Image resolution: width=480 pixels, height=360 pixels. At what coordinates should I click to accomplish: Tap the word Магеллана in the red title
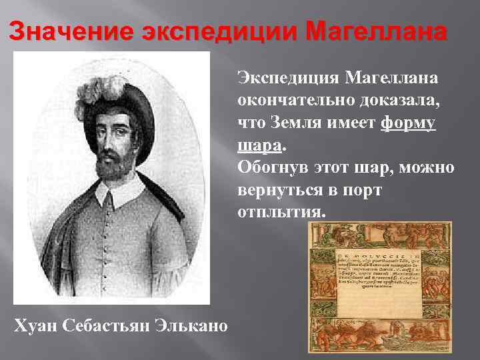(374, 33)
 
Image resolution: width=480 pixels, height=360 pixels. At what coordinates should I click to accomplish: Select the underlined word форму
(409, 123)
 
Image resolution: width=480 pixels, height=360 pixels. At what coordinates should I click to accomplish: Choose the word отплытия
(280, 211)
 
